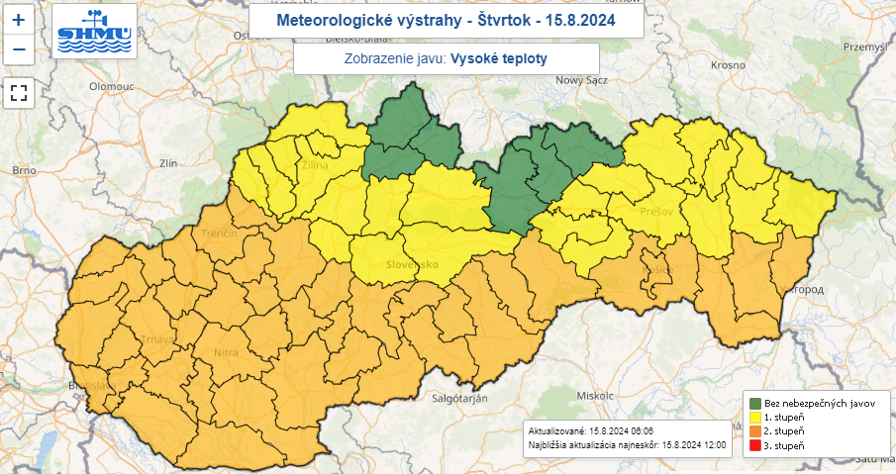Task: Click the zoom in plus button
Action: pos(19,19)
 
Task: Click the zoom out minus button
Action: pos(19,48)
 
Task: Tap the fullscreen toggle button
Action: pos(19,94)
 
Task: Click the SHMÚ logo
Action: pos(95,32)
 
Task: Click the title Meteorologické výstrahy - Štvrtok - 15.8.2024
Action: pos(446,20)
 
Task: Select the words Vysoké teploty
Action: pos(499,58)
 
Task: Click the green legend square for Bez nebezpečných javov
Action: pos(755,405)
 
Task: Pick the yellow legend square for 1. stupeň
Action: pos(755,419)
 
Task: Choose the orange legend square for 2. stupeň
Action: pos(755,432)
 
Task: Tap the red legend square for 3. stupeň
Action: pos(755,446)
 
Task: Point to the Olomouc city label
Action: pos(111,86)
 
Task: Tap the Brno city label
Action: pos(24,171)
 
